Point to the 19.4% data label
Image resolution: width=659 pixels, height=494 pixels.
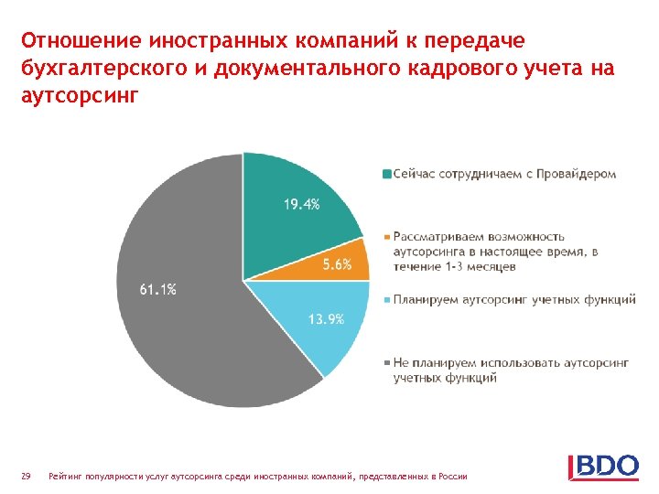pyautogui.click(x=301, y=205)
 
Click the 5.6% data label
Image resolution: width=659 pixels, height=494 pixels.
pyautogui.click(x=336, y=264)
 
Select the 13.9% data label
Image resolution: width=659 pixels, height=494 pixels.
pyautogui.click(x=326, y=319)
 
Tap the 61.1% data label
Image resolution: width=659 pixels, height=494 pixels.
pyautogui.click(x=158, y=289)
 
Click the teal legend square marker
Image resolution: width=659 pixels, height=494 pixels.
pyautogui.click(x=386, y=174)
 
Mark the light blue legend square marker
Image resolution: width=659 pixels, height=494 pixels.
pyautogui.click(x=386, y=300)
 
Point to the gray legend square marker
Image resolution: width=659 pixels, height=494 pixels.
pyautogui.click(x=386, y=363)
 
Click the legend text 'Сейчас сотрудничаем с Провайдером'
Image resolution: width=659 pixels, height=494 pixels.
pyautogui.click(x=504, y=174)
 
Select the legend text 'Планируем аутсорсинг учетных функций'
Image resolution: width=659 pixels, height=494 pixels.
pyautogui.click(x=514, y=300)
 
